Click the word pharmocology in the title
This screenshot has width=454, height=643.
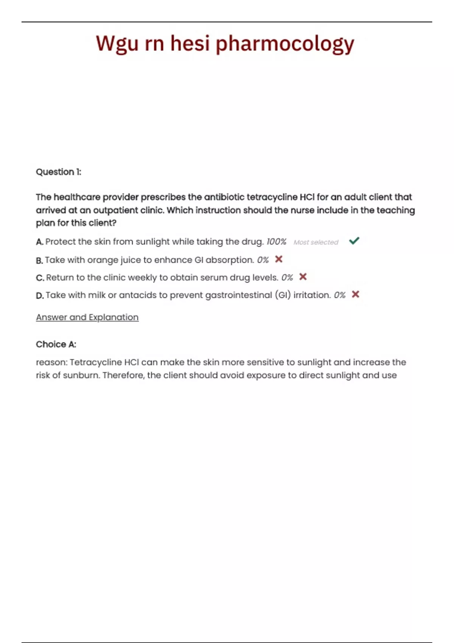click(285, 44)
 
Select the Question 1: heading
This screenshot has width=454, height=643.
click(59, 172)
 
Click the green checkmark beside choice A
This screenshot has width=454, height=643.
click(354, 241)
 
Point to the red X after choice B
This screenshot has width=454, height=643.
click(279, 259)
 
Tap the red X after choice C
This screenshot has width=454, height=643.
click(303, 277)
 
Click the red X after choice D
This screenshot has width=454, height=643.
click(355, 294)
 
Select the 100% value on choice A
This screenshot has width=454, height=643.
click(276, 242)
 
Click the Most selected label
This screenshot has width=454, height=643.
click(316, 242)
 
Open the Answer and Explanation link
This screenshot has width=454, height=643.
click(87, 317)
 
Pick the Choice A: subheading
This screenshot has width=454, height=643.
click(56, 344)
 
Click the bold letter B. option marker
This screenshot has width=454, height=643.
click(39, 261)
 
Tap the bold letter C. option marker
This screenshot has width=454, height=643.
click(40, 278)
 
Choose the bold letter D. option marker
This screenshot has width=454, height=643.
click(40, 295)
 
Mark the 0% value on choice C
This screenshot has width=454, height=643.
click(287, 278)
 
